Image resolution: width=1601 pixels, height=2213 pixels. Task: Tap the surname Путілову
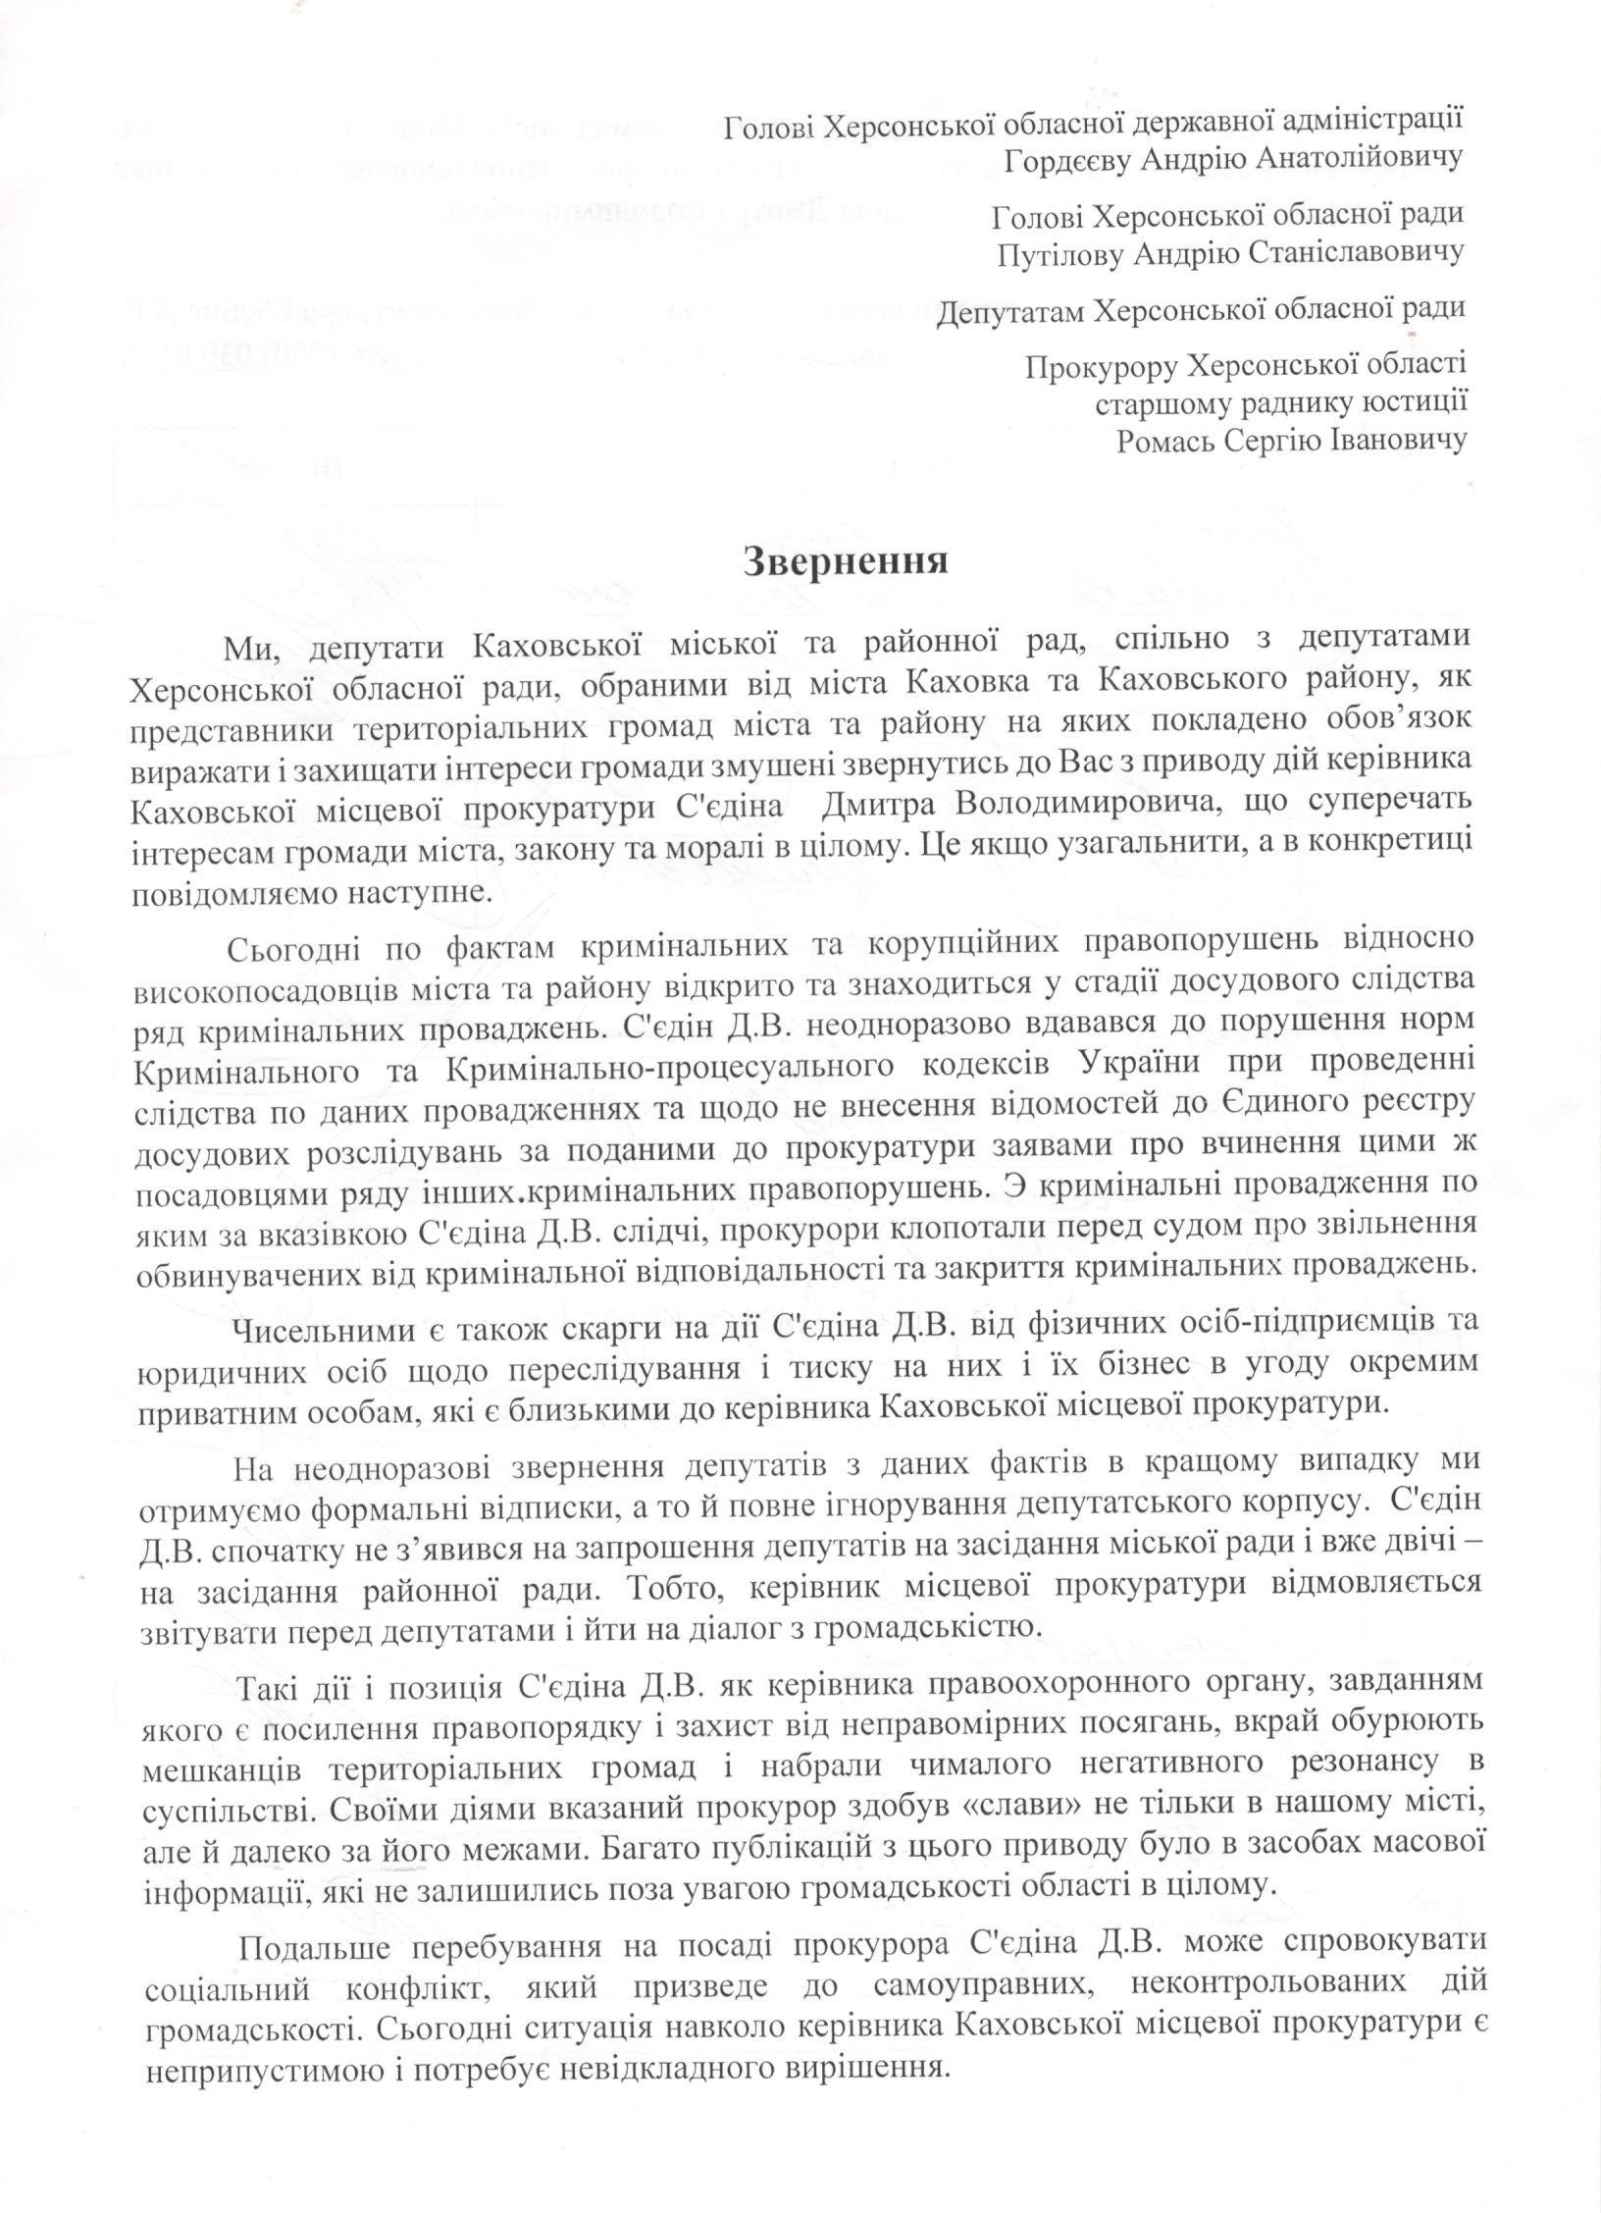[1059, 252]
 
